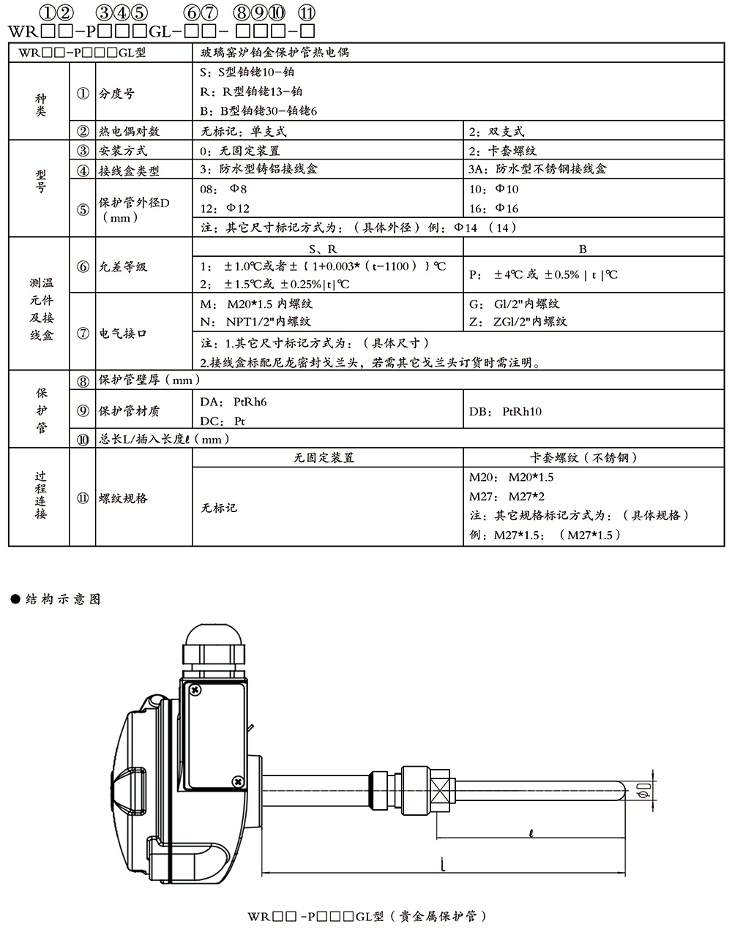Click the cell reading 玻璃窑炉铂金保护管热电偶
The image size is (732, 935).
click(x=274, y=53)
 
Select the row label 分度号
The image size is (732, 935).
click(x=116, y=93)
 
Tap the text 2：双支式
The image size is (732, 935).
click(x=496, y=131)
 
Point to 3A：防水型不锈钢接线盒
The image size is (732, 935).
click(x=537, y=169)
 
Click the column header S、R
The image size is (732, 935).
click(x=323, y=249)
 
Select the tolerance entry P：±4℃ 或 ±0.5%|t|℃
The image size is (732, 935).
click(x=542, y=274)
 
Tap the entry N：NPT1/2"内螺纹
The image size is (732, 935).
click(x=255, y=321)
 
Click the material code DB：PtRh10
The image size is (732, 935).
click(x=505, y=411)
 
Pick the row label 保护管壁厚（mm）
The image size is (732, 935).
click(x=149, y=380)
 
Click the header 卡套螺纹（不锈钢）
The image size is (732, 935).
click(x=583, y=457)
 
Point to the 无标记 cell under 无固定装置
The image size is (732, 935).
click(x=219, y=507)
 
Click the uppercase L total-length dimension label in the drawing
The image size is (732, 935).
click(x=443, y=864)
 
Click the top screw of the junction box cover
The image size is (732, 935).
click(x=195, y=690)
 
